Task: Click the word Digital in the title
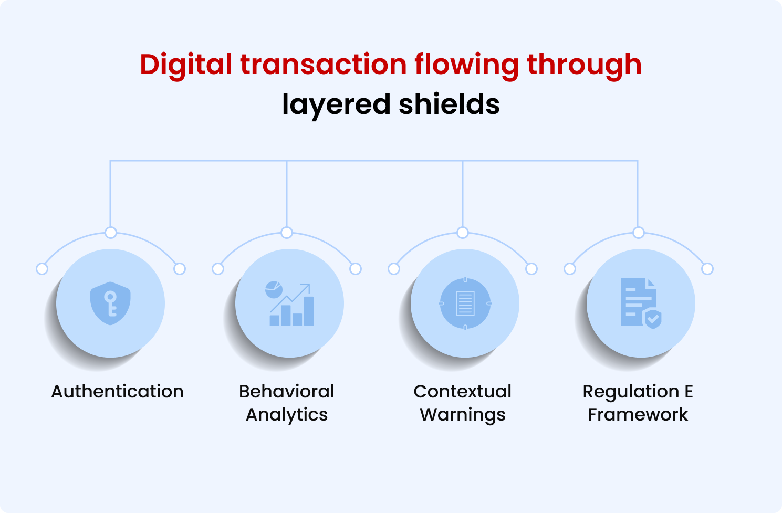(x=186, y=65)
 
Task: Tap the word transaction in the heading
(x=323, y=65)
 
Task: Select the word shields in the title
(x=449, y=104)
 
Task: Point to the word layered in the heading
(x=336, y=105)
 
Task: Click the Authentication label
(x=117, y=392)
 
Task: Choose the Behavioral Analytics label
(x=287, y=403)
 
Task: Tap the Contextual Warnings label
(x=463, y=403)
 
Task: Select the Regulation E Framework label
(x=638, y=403)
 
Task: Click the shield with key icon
(x=110, y=303)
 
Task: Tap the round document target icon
(x=465, y=303)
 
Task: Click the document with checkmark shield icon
(x=640, y=303)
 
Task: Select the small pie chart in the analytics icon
(x=274, y=289)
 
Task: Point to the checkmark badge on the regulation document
(x=653, y=319)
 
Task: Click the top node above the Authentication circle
(x=110, y=233)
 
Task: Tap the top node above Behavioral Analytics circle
(x=287, y=233)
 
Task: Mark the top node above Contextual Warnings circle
(x=463, y=233)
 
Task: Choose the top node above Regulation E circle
(x=639, y=233)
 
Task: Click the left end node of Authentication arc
(x=42, y=269)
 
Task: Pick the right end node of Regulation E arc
(x=707, y=269)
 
